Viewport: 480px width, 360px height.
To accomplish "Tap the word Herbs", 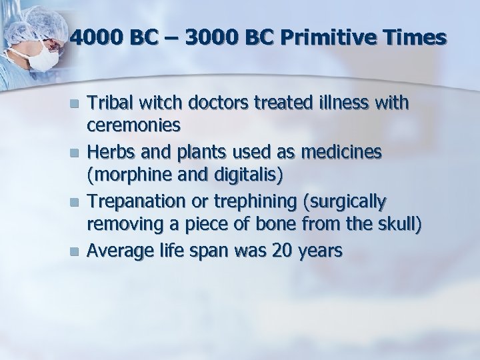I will pos(109,153).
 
